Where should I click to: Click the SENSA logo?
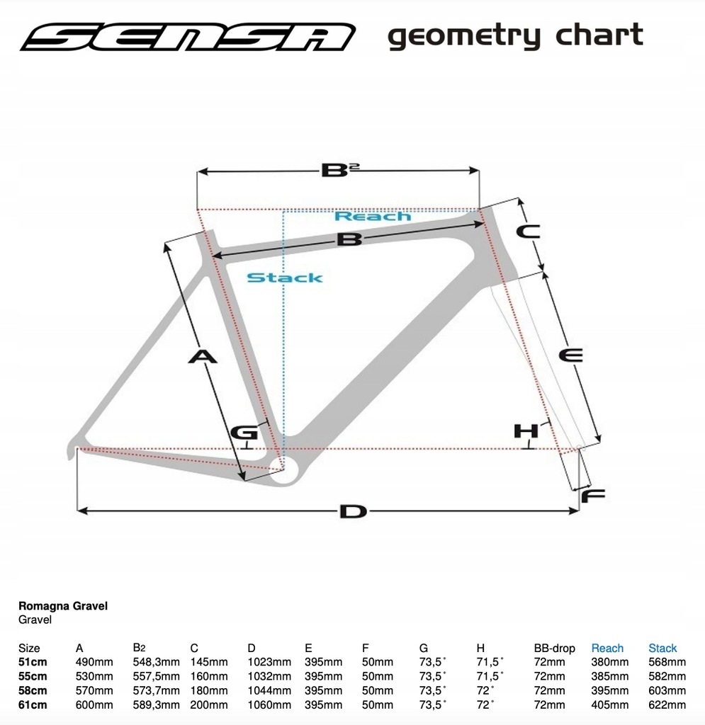click(x=187, y=37)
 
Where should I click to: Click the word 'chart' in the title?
click(x=599, y=34)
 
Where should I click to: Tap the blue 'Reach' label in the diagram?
click(x=373, y=216)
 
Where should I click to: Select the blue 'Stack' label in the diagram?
click(x=285, y=278)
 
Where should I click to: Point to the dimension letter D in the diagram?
click(x=353, y=511)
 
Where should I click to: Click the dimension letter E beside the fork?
click(x=570, y=355)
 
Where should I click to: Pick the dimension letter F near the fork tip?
click(x=593, y=496)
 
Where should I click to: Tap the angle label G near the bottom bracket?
click(x=244, y=433)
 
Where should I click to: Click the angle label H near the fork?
click(x=526, y=431)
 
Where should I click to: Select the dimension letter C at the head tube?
click(x=529, y=232)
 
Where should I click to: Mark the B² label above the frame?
click(x=341, y=170)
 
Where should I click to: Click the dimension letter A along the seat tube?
click(x=203, y=357)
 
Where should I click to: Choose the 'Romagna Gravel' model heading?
click(x=63, y=606)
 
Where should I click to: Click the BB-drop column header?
click(x=554, y=649)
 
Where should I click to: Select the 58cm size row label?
click(x=33, y=690)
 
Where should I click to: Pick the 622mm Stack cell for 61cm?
click(x=667, y=704)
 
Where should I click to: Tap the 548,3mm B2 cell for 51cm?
click(x=156, y=662)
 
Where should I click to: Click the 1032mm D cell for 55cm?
click(x=269, y=676)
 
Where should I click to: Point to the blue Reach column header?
click(x=607, y=649)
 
